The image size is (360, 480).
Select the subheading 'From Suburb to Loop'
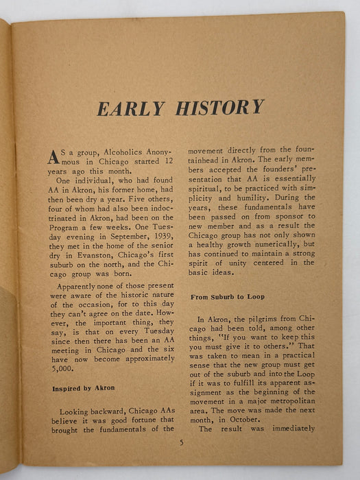(x=222, y=296)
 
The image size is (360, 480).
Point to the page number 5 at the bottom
(x=182, y=442)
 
